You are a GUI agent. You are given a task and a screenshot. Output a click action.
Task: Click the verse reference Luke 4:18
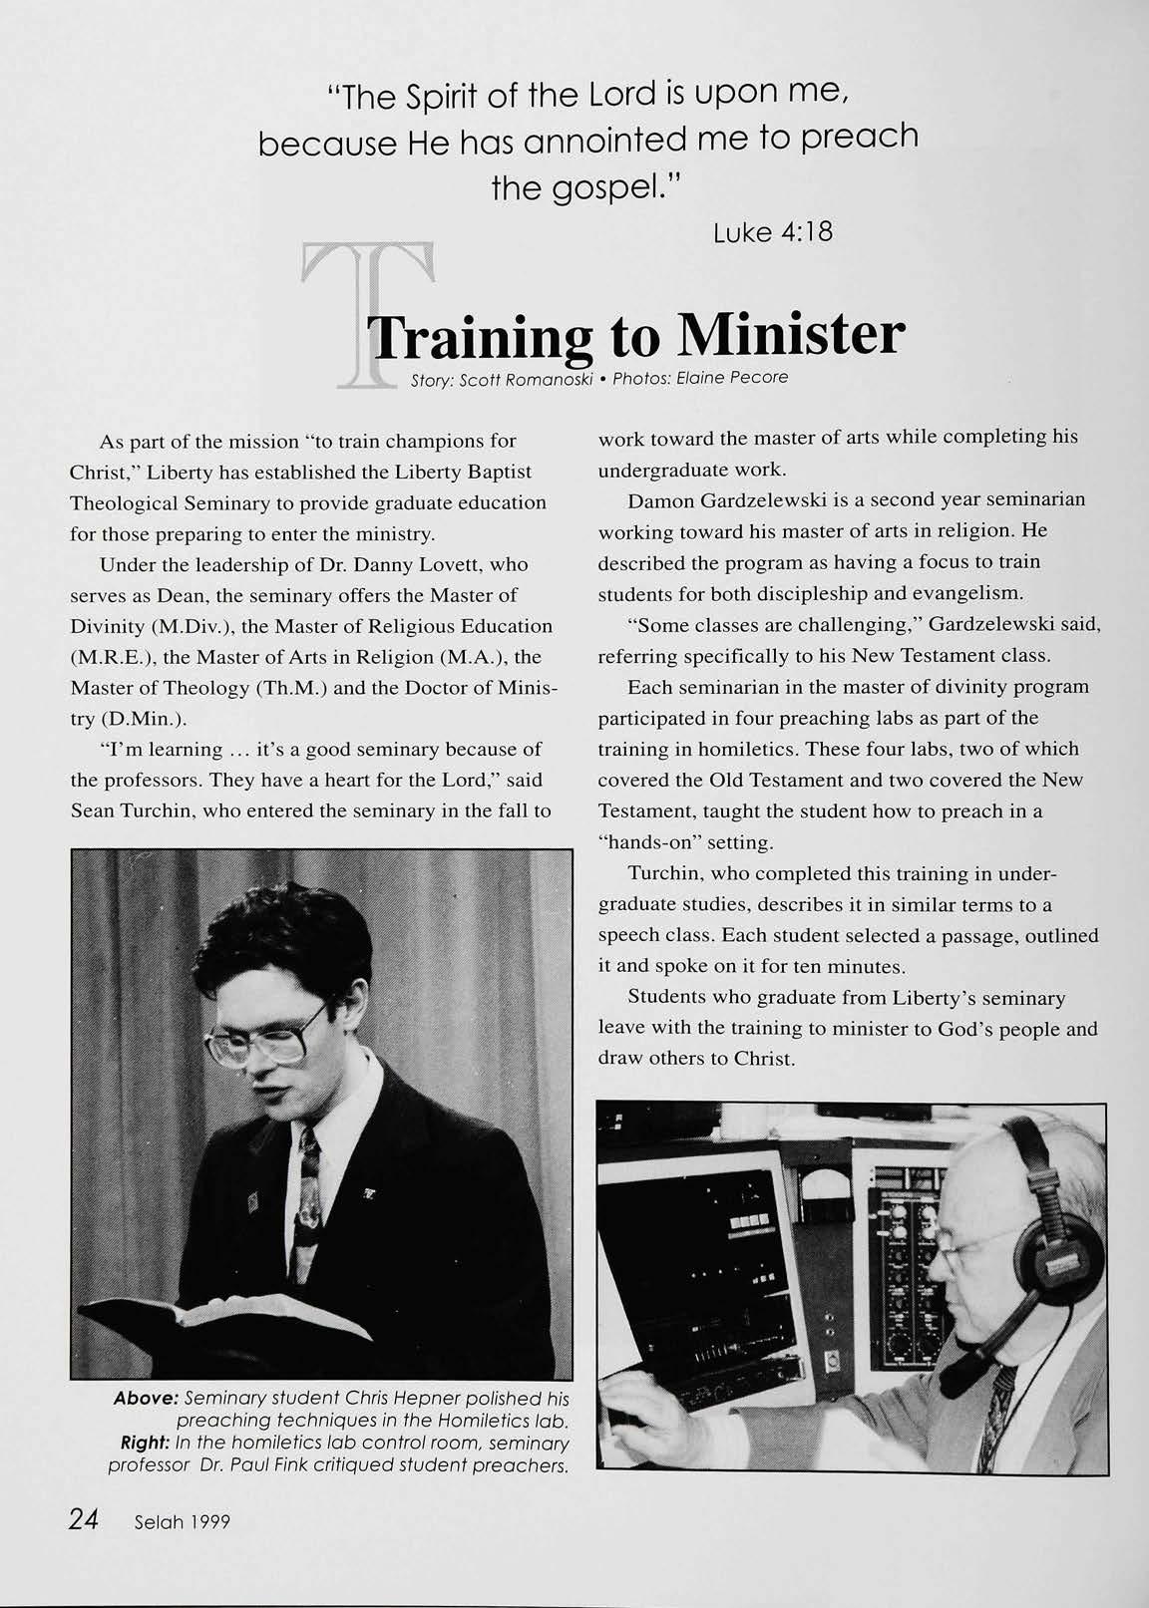773,232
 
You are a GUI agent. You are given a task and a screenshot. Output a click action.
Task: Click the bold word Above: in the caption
147,1399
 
